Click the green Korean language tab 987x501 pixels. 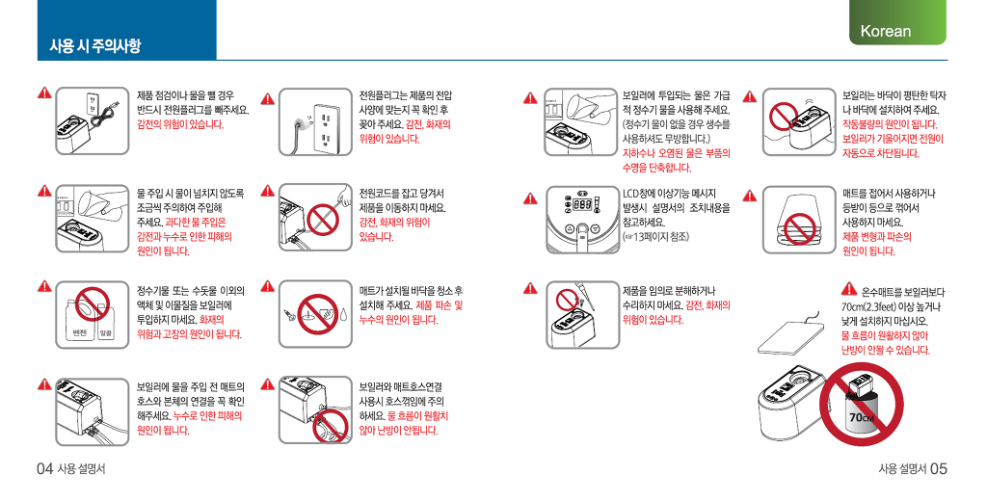point(897,23)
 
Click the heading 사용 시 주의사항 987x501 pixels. point(95,45)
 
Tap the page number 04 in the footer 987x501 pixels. point(44,468)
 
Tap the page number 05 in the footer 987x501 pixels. point(939,468)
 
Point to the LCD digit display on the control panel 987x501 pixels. point(582,205)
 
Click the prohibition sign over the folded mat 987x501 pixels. point(800,229)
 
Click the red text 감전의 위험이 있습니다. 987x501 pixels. point(180,124)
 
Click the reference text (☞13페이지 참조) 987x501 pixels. point(655,237)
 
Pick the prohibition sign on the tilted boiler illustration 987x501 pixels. point(785,117)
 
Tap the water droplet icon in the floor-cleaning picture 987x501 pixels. point(344,314)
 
